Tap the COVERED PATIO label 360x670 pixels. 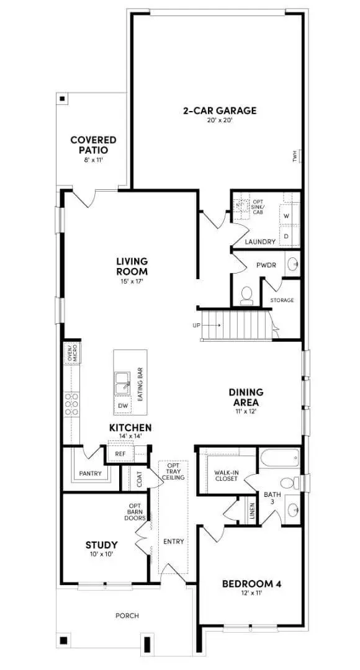[x=93, y=145]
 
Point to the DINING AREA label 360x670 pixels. [x=246, y=396]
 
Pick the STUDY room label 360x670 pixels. [x=101, y=545]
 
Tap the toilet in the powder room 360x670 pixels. [x=246, y=295]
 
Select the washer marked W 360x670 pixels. [x=286, y=216]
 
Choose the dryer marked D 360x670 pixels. [x=286, y=236]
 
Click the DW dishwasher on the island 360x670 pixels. [x=123, y=406]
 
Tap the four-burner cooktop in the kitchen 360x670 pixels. [x=71, y=404]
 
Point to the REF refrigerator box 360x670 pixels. [x=120, y=454]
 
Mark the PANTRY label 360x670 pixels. [x=91, y=473]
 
